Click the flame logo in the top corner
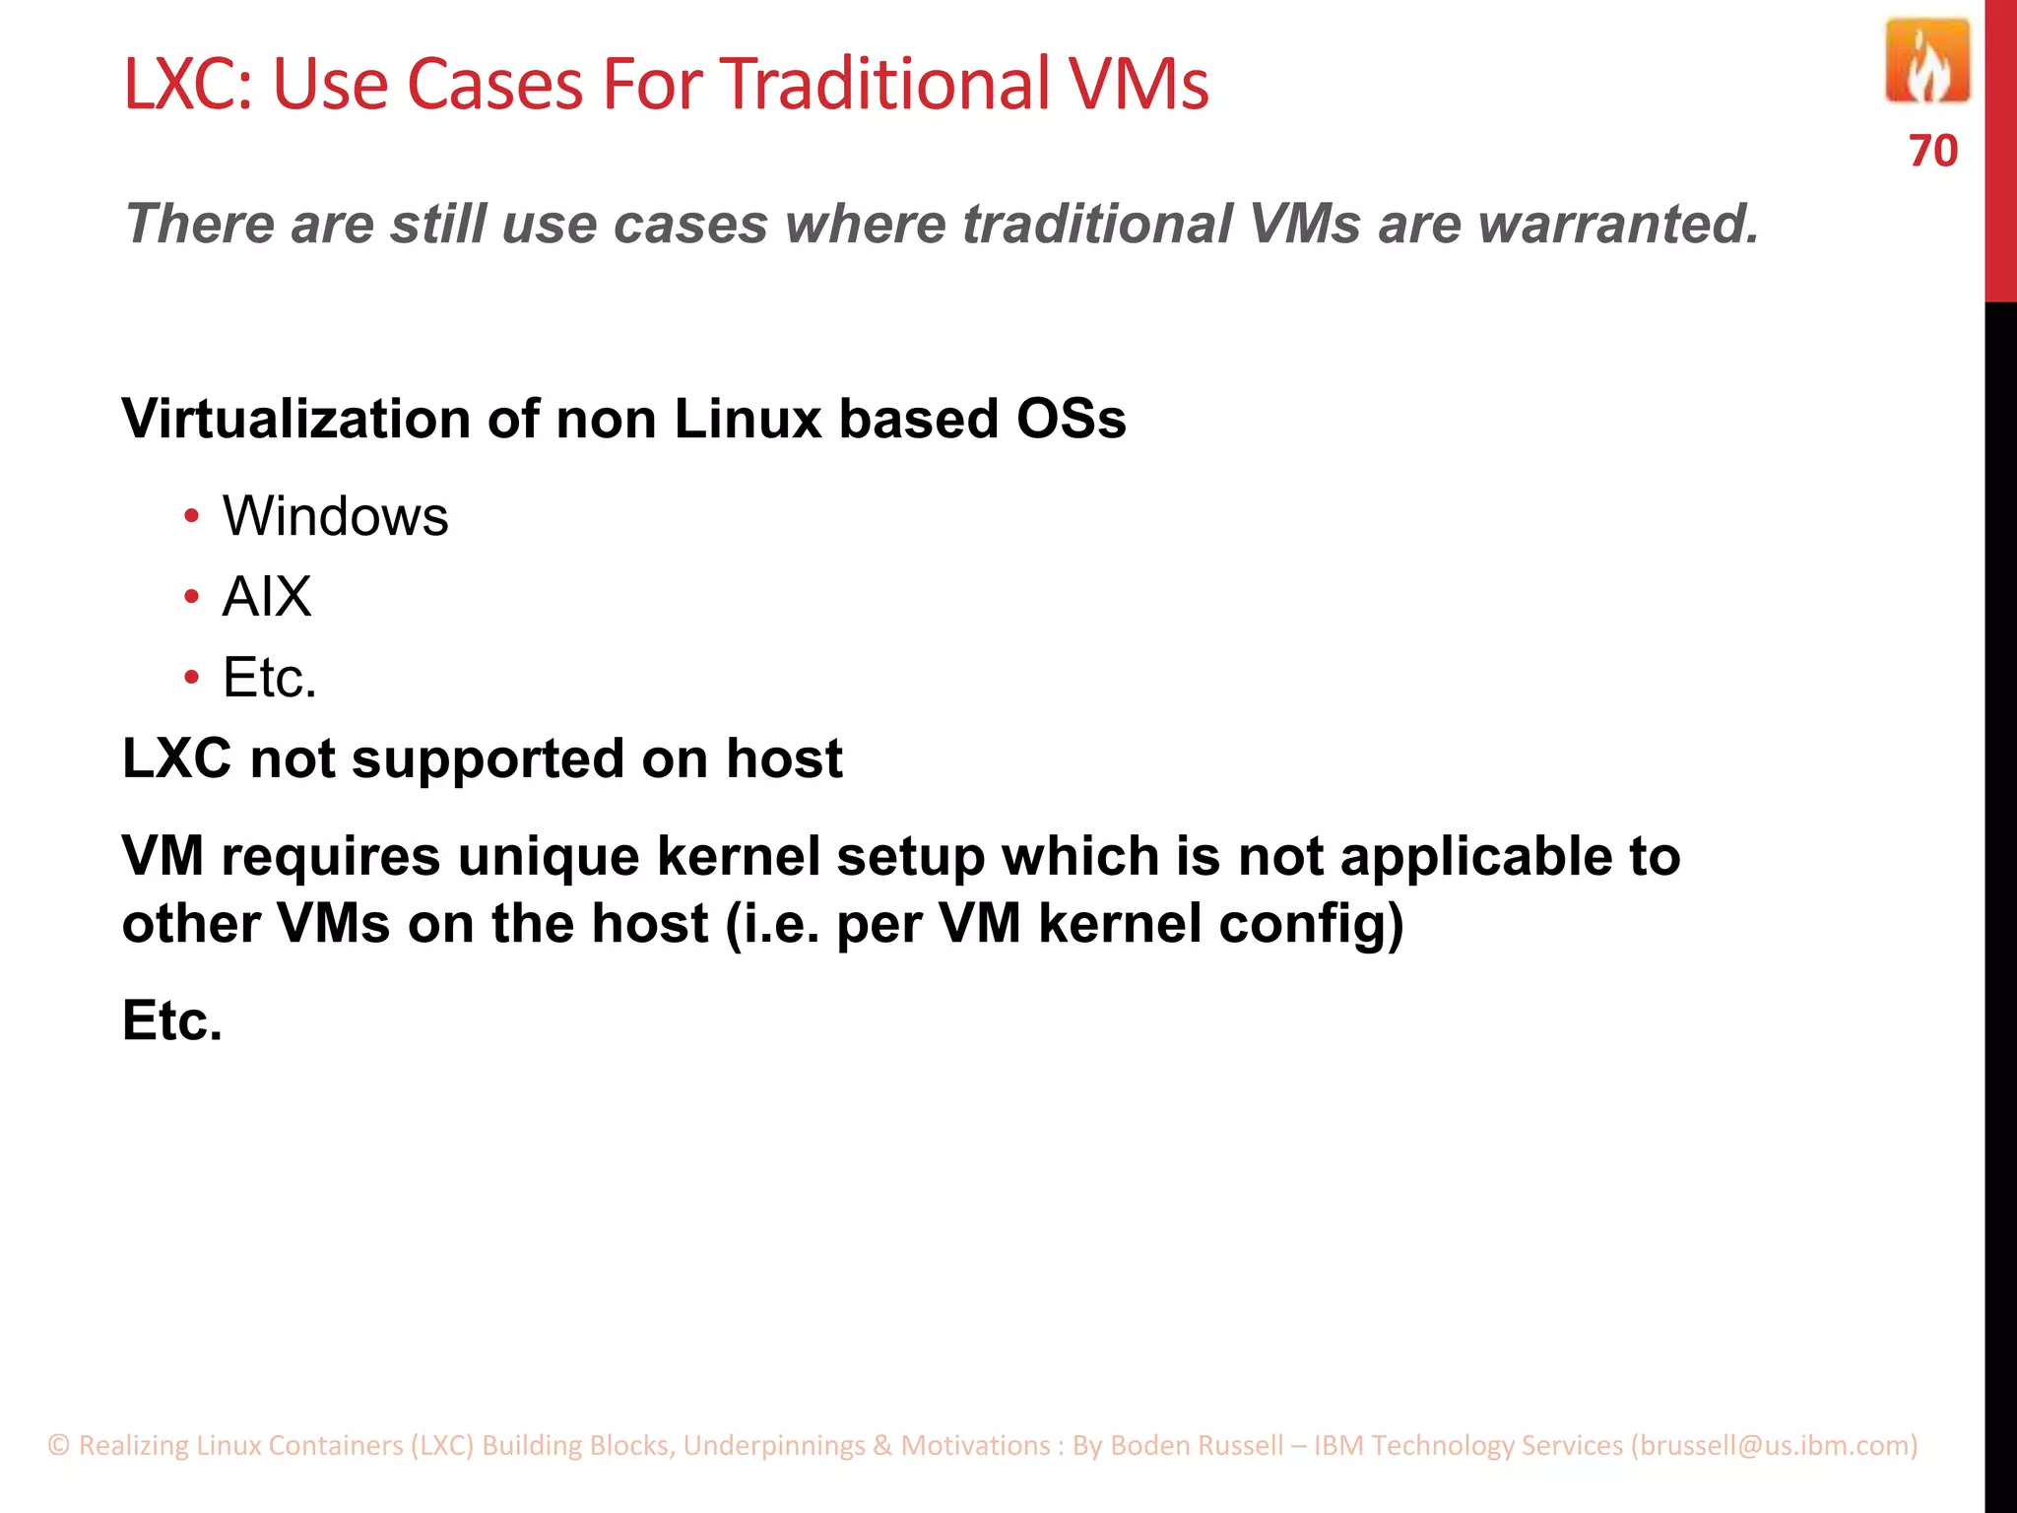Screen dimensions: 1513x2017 [1926, 62]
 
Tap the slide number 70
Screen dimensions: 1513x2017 [1932, 152]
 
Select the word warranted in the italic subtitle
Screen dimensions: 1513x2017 [1618, 224]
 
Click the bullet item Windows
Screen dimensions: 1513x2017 [335, 516]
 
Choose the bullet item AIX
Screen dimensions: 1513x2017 [267, 597]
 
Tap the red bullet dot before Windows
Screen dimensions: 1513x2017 [191, 516]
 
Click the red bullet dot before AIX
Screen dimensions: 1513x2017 [191, 597]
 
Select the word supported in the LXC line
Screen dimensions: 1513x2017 [488, 759]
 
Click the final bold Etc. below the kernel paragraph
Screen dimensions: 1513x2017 [172, 1020]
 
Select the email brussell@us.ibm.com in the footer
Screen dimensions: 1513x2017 [1775, 1445]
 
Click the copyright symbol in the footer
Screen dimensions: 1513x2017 [59, 1445]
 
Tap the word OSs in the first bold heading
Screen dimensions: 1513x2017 [1071, 419]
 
